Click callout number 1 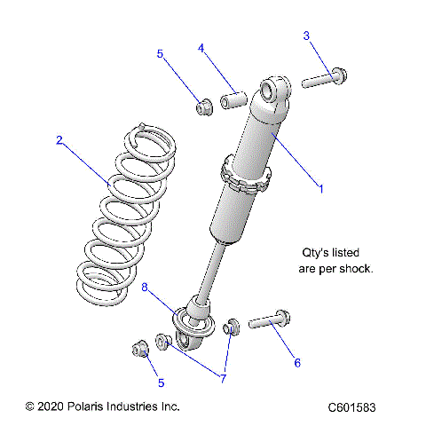[x=320, y=188]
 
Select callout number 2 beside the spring [x=59, y=139]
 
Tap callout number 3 [x=306, y=35]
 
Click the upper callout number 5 [x=160, y=54]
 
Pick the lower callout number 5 [x=160, y=383]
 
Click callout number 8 [x=145, y=288]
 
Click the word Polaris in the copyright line [x=95, y=406]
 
